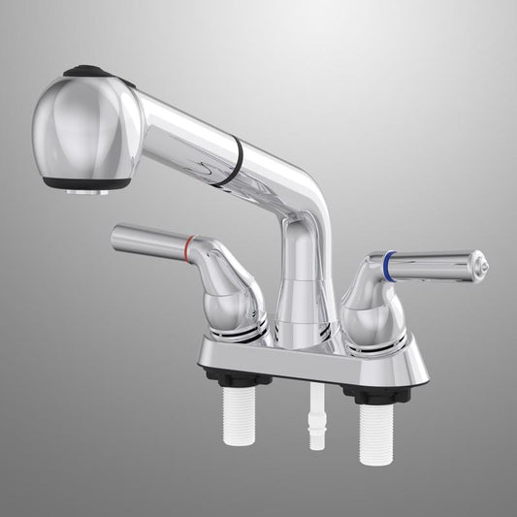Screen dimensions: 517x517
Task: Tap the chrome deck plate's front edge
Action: click(310, 373)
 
